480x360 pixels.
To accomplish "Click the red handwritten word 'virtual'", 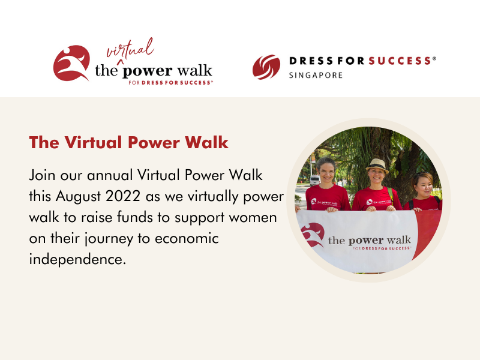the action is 130,49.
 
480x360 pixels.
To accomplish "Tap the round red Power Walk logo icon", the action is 71,64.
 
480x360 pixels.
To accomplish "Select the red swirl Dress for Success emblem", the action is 266,67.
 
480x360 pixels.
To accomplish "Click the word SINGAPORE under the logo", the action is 316,76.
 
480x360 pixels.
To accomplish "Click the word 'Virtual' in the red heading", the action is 93,143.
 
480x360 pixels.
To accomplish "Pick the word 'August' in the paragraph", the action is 78,197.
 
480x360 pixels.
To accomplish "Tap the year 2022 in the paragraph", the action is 123,196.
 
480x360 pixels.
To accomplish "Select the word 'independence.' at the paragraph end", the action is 77,259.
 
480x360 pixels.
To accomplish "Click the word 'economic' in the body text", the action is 187,239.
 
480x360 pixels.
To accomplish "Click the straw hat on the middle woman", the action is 377,166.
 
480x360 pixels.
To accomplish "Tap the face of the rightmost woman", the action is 424,187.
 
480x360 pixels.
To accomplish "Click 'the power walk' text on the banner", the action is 370,240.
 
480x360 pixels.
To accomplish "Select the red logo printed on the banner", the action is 313,235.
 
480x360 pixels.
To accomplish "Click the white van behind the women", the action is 314,181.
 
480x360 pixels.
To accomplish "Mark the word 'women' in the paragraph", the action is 253,218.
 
